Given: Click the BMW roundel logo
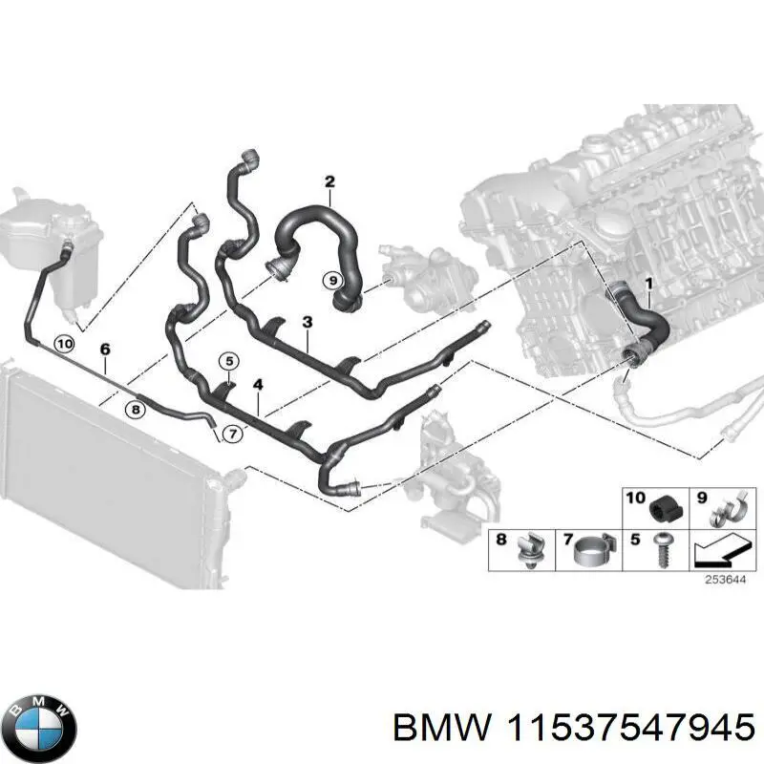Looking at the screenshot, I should [39, 724].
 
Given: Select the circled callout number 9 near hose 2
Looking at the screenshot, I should [331, 281].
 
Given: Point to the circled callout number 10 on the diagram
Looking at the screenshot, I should [64, 344].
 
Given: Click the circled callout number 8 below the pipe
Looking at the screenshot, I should [135, 409].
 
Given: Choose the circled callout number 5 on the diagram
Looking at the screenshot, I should [228, 361].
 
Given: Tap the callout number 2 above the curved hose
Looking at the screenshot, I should [329, 182].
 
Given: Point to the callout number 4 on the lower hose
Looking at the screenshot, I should [257, 385].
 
